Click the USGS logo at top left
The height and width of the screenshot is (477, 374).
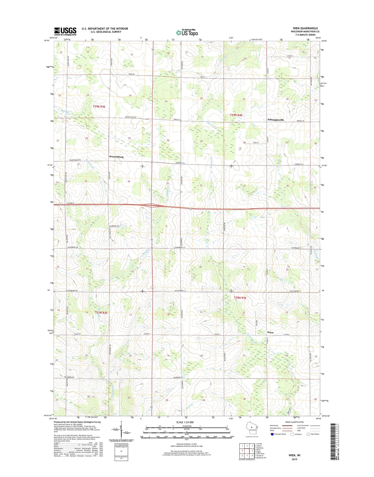click(65, 31)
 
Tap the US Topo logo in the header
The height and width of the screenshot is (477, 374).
click(187, 33)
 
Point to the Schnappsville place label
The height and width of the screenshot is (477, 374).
click(275, 120)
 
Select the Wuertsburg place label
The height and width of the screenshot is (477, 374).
click(116, 157)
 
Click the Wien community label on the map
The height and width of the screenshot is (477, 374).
click(270, 333)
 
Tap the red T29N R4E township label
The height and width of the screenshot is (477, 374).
click(236, 115)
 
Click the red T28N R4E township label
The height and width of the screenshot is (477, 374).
click(240, 298)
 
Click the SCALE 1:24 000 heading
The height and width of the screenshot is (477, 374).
click(185, 422)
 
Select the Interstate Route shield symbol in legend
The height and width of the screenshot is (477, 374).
click(272, 434)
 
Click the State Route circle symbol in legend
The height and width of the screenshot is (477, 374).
click(308, 434)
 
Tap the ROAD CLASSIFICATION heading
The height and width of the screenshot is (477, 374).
click(294, 422)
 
